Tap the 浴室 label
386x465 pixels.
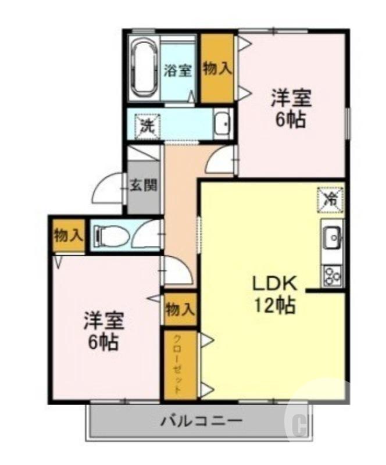[177, 71]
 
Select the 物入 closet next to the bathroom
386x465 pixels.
[217, 69]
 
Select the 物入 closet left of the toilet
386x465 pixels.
[68, 235]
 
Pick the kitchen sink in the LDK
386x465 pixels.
[332, 237]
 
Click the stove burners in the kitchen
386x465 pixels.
[332, 274]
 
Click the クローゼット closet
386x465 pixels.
[180, 364]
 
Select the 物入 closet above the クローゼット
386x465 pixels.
[180, 309]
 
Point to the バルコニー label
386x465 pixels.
[201, 420]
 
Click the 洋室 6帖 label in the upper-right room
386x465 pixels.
[290, 108]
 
